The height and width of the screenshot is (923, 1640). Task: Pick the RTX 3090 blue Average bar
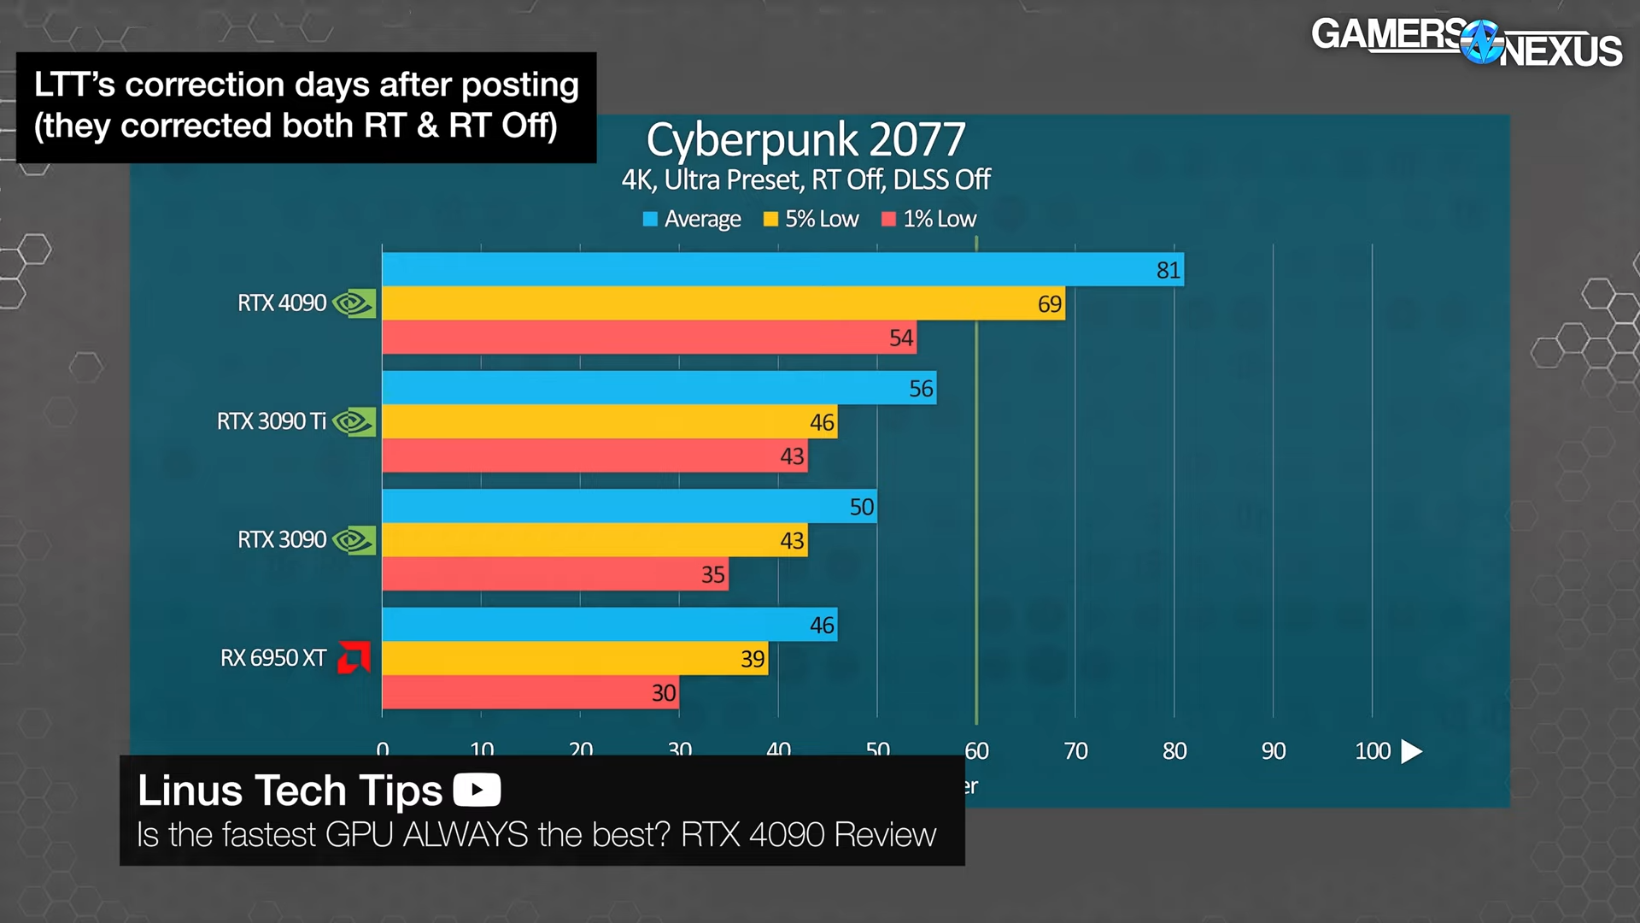[628, 506]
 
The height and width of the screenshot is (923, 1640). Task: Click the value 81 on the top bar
[1168, 270]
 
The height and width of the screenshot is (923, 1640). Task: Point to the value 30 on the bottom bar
[664, 692]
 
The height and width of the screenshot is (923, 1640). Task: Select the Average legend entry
[692, 219]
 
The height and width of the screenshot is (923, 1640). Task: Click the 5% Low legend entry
[811, 219]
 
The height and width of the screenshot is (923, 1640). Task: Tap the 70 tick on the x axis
[1075, 751]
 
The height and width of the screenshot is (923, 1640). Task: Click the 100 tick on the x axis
[1373, 751]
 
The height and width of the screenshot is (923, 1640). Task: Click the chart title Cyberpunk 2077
[805, 139]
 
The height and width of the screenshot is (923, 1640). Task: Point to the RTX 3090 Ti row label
[272, 421]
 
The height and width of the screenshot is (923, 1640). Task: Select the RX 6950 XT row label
[273, 658]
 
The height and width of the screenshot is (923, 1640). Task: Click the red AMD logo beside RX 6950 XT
[354, 657]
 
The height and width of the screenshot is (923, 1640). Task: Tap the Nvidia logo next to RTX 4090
[354, 303]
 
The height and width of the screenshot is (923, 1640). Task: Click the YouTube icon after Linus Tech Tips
[477, 790]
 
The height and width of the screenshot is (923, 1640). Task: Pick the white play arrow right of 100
[1412, 751]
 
